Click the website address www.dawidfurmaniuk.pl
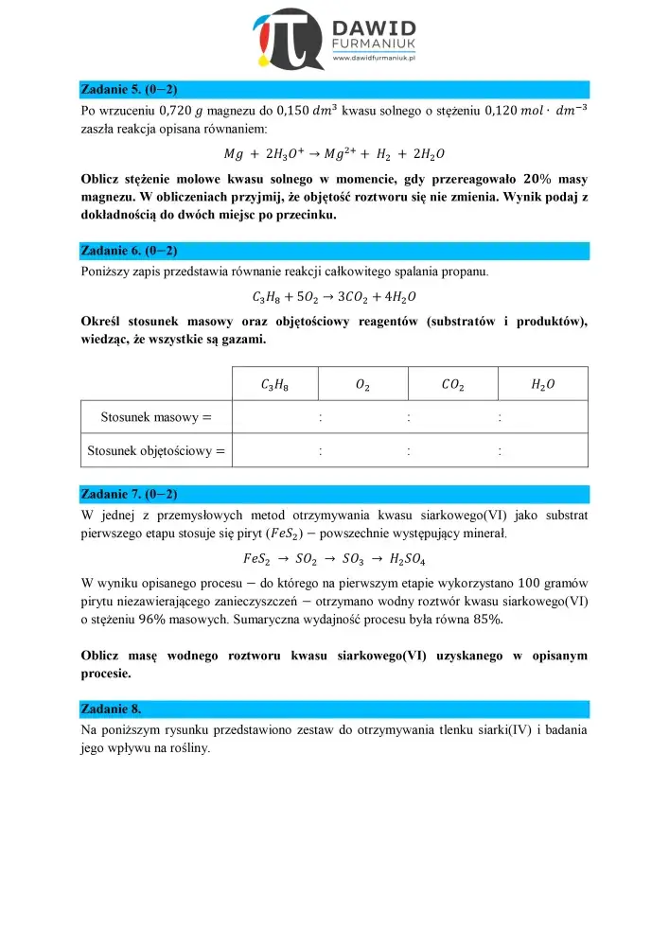point(377,59)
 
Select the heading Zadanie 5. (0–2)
point(130,90)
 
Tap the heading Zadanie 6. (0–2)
point(130,251)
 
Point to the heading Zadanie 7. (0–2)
point(130,494)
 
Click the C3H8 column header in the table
point(274,384)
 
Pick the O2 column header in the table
point(362,384)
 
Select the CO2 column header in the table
point(452,384)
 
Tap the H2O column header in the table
point(543,384)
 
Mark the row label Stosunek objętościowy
point(157,451)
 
